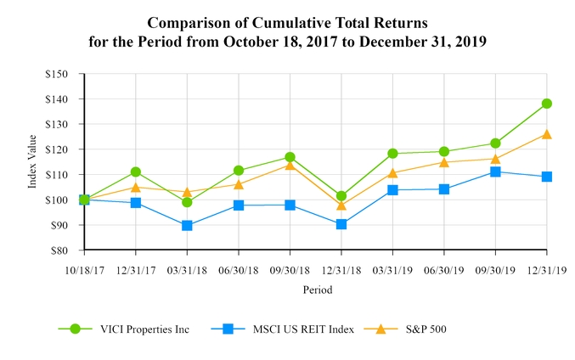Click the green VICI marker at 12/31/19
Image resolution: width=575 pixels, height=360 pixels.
click(546, 104)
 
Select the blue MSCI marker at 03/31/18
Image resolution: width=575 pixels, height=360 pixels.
click(187, 226)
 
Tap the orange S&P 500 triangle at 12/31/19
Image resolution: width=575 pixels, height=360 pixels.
click(546, 134)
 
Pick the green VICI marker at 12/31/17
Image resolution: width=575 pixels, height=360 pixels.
click(135, 172)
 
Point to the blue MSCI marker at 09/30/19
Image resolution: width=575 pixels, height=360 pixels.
click(495, 172)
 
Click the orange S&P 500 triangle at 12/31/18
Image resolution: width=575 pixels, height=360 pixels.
click(341, 205)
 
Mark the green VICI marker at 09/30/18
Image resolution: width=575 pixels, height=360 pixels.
click(290, 157)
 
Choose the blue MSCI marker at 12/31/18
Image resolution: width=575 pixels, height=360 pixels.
click(341, 224)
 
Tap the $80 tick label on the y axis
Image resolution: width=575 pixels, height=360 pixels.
click(59, 250)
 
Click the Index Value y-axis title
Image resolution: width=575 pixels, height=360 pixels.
click(32, 162)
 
